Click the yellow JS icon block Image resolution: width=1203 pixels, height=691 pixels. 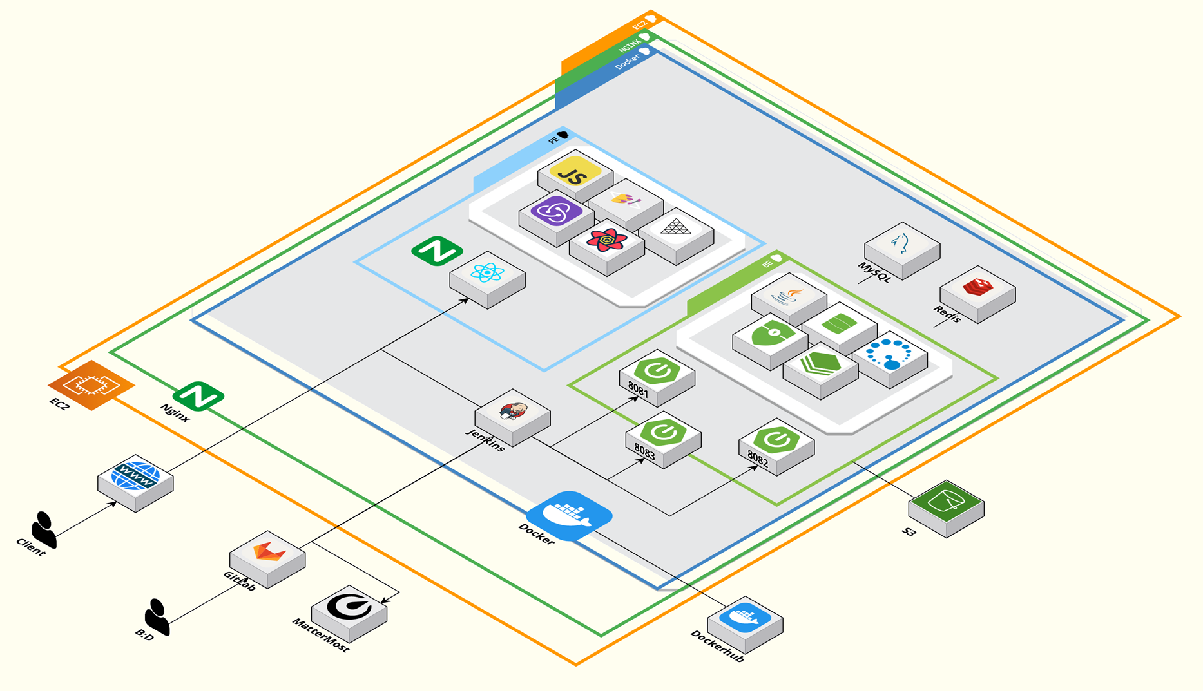coord(575,174)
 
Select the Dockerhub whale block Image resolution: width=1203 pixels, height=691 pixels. coord(745,621)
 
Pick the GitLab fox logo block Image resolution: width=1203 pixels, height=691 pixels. coord(267,555)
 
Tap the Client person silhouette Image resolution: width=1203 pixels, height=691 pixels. coord(44,529)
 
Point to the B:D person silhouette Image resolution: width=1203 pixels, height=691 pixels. coord(157,616)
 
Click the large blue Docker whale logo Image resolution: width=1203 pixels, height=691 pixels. coord(569,515)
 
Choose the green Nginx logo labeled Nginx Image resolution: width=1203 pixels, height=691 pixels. coord(198,395)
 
